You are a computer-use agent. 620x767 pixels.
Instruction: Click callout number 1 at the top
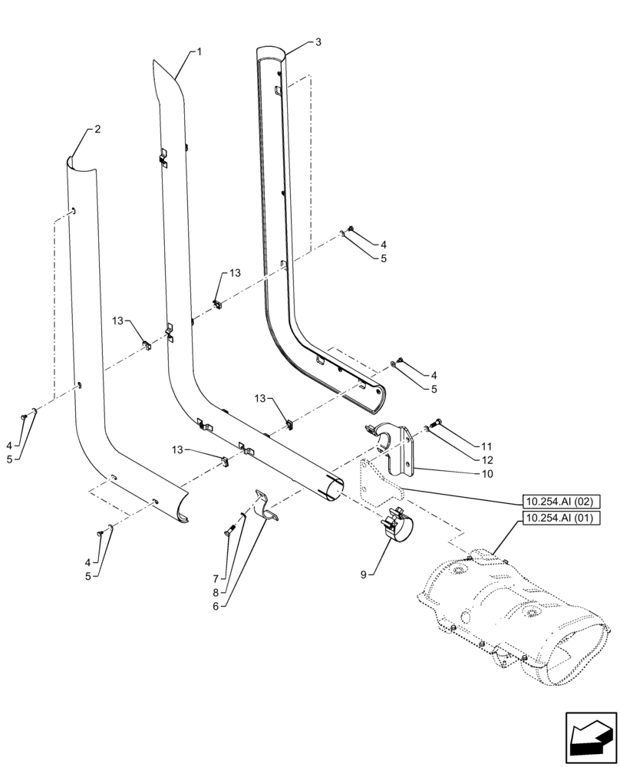[x=199, y=51]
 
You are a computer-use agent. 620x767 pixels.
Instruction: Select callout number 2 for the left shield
[x=97, y=130]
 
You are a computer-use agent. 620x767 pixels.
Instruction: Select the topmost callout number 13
[x=234, y=272]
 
